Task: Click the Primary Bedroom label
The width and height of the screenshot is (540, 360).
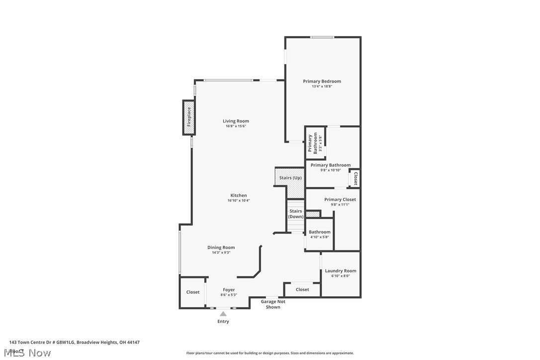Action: click(322, 81)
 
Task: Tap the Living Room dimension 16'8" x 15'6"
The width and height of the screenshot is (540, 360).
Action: click(236, 126)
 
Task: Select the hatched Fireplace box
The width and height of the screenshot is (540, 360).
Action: click(188, 118)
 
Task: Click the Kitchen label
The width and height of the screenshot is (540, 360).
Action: click(239, 195)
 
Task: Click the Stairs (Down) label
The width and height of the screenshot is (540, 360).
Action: click(296, 214)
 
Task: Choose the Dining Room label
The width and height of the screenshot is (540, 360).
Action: click(221, 247)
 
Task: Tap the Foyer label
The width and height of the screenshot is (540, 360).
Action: click(229, 289)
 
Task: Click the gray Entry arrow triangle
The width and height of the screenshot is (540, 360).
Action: click(223, 313)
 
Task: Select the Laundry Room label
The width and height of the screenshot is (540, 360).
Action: click(341, 271)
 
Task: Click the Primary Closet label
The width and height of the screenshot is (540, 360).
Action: click(340, 199)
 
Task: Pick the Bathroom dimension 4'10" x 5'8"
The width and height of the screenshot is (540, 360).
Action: click(319, 237)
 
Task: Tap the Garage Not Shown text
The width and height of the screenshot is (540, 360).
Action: click(273, 304)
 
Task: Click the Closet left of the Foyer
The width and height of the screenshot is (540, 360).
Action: click(193, 292)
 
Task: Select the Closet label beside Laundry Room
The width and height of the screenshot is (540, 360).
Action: click(302, 289)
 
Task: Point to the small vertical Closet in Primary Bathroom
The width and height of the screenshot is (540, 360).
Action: click(356, 178)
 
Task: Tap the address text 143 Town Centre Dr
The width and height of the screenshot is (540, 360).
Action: click(75, 342)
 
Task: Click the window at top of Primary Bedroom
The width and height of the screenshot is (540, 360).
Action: click(322, 37)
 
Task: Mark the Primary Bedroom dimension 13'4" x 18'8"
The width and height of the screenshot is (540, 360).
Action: click(322, 87)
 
